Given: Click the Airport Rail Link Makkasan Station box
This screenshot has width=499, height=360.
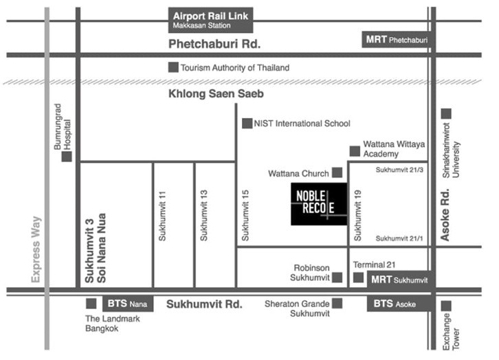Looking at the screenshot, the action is tap(211, 20).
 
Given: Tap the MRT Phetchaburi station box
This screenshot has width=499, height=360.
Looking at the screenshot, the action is tap(397, 40).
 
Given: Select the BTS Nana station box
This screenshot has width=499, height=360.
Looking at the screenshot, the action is tap(128, 304).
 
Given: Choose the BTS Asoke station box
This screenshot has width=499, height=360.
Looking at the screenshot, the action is tap(399, 304).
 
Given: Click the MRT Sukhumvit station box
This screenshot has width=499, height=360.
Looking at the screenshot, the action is tap(399, 280).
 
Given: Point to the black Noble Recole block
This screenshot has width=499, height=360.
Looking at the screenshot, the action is tap(319, 204).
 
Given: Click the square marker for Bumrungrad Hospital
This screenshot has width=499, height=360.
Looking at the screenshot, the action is tap(67, 157).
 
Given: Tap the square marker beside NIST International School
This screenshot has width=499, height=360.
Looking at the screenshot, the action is tap(247, 124).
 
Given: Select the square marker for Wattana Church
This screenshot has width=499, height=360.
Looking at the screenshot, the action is tap(337, 172).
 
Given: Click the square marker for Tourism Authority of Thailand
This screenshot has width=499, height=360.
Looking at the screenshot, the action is tap(173, 67).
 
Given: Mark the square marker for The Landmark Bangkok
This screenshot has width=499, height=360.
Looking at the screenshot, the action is tap(91, 304).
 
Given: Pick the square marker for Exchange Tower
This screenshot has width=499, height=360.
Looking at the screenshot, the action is tap(446, 306).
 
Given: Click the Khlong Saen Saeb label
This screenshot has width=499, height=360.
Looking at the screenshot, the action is tap(216, 94).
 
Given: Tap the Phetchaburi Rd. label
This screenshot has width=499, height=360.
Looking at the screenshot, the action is tap(214, 44).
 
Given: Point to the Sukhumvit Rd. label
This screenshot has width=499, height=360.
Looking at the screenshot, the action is tap(204, 304).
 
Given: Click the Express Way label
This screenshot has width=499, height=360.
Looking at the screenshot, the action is tap(36, 249).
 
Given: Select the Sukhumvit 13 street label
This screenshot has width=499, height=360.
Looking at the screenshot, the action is tap(203, 215).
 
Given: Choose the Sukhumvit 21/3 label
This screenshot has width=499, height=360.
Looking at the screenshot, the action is tap(399, 170).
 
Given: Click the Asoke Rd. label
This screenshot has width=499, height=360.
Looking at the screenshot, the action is tap(445, 215).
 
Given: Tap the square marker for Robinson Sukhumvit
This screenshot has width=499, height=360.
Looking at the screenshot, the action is tap(337, 278).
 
